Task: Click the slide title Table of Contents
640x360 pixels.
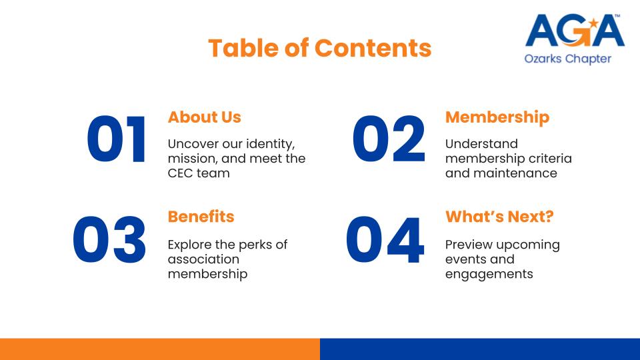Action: tap(319, 48)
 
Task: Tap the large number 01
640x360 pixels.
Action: tap(116, 139)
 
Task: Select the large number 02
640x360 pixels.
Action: tap(389, 139)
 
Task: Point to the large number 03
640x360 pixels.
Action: tap(109, 239)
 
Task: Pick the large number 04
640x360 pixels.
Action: tap(385, 239)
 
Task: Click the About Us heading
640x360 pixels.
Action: tap(205, 117)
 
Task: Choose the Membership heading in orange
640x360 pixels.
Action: tap(497, 117)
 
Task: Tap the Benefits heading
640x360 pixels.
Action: tap(201, 217)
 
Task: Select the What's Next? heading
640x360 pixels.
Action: tap(499, 217)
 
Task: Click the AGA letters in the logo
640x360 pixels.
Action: tap(575, 30)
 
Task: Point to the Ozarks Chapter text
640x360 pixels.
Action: tap(568, 59)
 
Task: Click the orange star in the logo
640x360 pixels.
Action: tap(593, 23)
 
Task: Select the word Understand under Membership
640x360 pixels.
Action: tap(481, 144)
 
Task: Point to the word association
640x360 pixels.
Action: tap(203, 259)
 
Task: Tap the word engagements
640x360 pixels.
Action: tap(489, 274)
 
